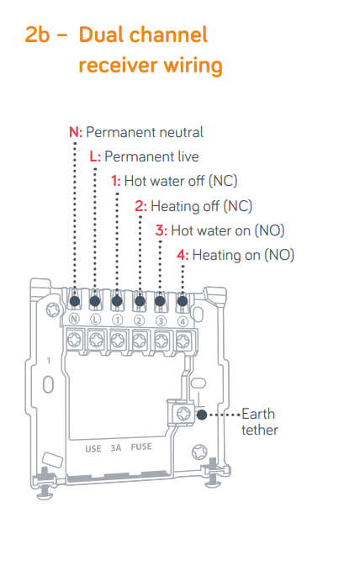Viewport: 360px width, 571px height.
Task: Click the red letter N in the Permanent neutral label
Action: tap(74, 132)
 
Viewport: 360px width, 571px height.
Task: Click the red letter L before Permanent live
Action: tap(93, 156)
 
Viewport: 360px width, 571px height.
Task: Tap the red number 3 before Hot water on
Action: tap(160, 230)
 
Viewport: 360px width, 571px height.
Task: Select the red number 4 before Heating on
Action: tap(181, 255)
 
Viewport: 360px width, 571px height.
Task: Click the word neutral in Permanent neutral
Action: tap(181, 132)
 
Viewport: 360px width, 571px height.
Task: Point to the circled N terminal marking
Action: tap(74, 320)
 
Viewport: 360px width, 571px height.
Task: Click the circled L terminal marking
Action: tap(95, 320)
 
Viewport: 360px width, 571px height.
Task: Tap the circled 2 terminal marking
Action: tap(139, 320)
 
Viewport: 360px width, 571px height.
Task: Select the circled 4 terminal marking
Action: tap(183, 321)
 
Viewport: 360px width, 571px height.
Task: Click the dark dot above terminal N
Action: tap(75, 301)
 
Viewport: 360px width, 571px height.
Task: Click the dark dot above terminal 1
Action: tap(117, 301)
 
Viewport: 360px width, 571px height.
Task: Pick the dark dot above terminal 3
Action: tap(160, 301)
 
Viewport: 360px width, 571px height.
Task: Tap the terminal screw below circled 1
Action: tap(118, 341)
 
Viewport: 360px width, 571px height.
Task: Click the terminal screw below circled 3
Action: tap(161, 341)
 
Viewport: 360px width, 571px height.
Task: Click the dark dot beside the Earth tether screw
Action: tap(202, 415)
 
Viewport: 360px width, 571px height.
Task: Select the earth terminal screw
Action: tap(183, 414)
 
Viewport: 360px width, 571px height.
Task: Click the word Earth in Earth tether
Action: tap(258, 414)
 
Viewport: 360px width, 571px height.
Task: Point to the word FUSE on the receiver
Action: tap(141, 447)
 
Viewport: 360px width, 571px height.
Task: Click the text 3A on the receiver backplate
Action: tap(116, 448)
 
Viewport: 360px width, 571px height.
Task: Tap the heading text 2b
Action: tap(37, 35)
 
